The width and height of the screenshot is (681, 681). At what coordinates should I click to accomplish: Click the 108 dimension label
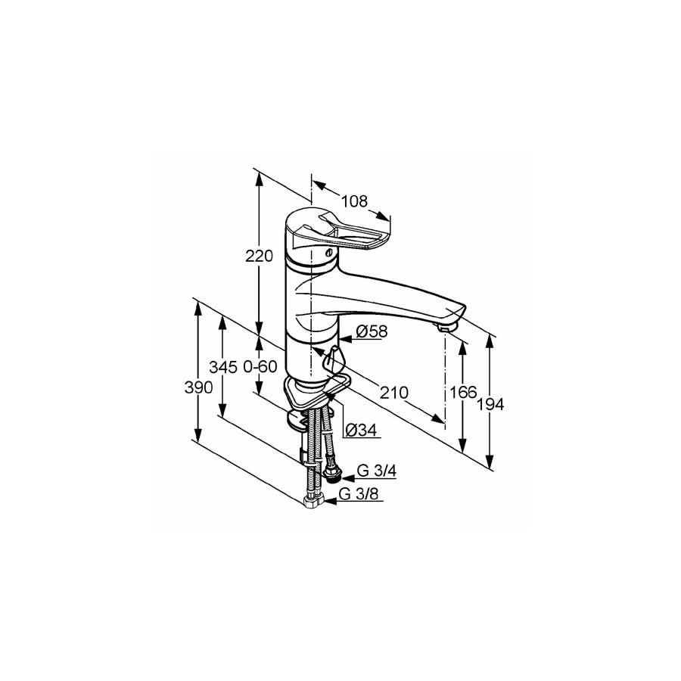(354, 201)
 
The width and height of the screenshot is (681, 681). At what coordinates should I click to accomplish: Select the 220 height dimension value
(260, 256)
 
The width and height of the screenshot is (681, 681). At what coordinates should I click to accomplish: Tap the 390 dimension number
(199, 387)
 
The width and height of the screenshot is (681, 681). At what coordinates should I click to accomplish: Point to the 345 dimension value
(223, 367)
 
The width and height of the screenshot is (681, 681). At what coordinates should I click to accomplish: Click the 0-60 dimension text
(260, 367)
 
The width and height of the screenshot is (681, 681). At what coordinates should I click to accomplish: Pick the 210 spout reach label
(394, 393)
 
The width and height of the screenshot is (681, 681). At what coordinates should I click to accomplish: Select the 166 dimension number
(463, 393)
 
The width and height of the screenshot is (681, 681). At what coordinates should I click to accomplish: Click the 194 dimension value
(491, 404)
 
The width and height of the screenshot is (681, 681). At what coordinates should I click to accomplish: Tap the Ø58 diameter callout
(372, 331)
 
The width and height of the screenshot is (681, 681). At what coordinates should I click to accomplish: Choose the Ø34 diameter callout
(361, 430)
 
